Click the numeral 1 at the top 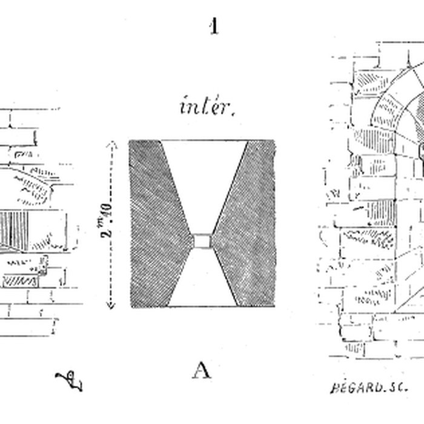click(213, 27)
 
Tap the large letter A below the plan click(202, 369)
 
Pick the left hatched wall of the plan click(152, 218)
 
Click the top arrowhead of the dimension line click(110, 143)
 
